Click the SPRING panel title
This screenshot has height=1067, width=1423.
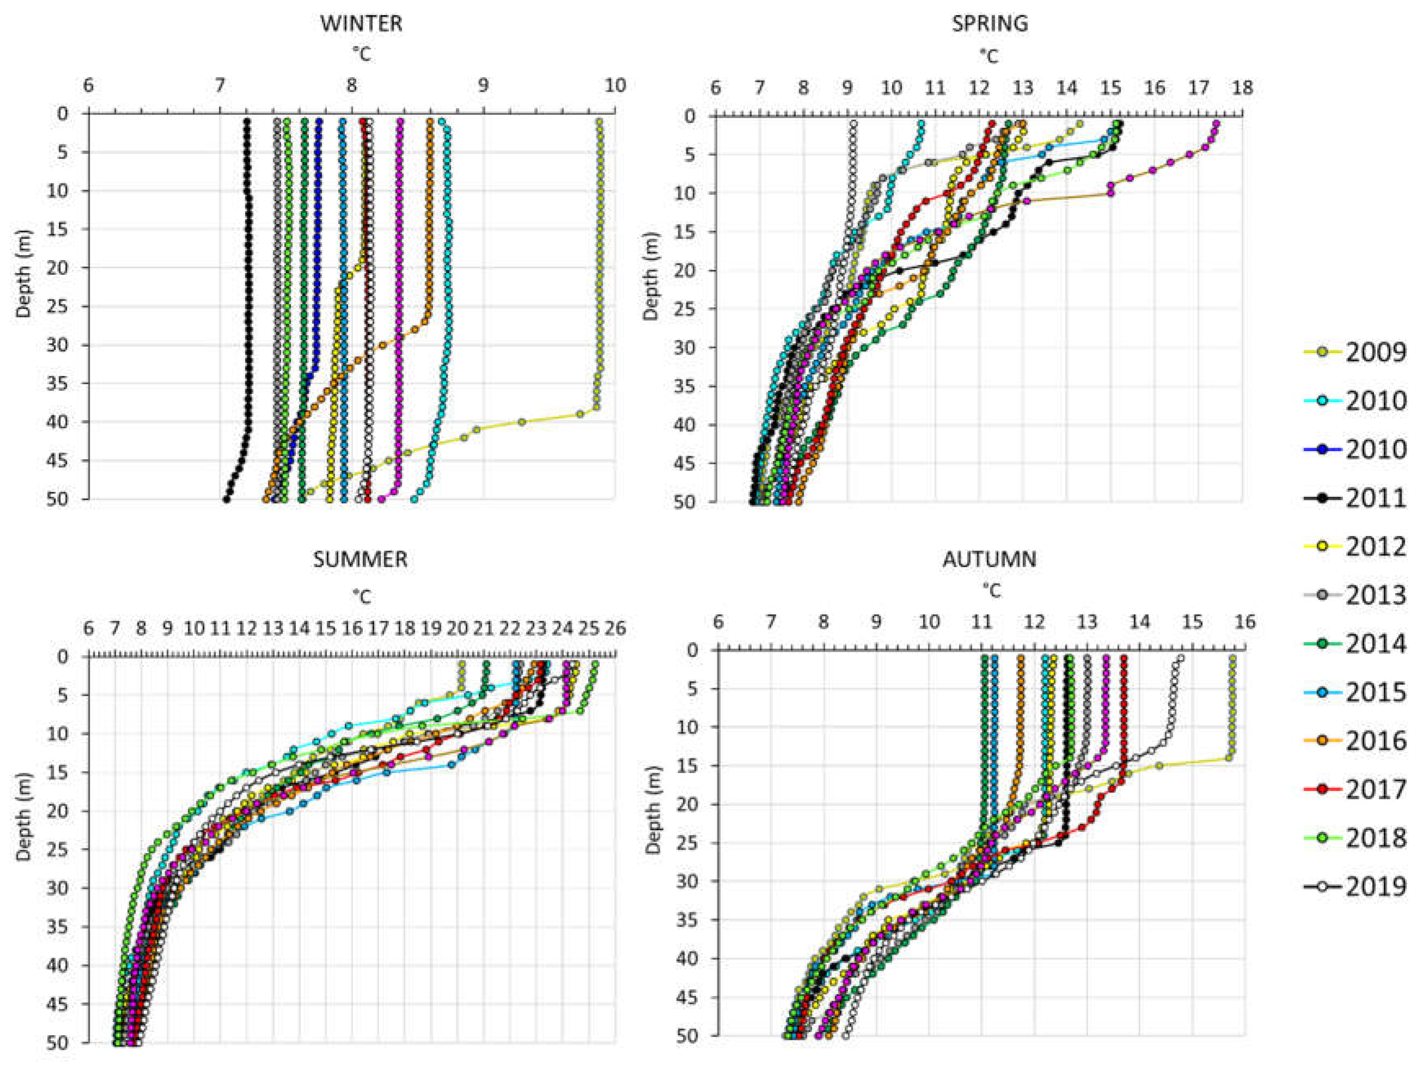pyautogui.click(x=990, y=24)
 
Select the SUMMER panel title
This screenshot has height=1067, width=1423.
pyautogui.click(x=360, y=559)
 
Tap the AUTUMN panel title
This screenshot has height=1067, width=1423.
pyautogui.click(x=990, y=559)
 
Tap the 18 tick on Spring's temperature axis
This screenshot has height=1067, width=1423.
pyautogui.click(x=1242, y=87)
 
